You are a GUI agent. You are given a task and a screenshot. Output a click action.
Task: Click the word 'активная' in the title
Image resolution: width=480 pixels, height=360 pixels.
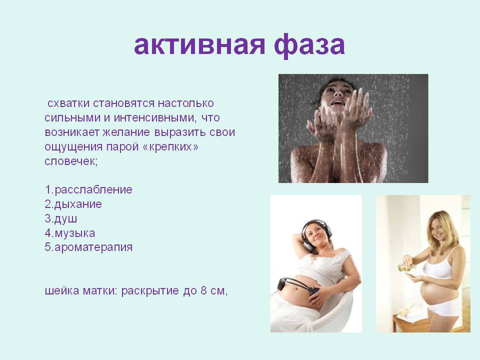click(x=199, y=45)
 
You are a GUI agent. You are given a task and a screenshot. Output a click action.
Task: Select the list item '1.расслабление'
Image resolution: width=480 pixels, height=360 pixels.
click(x=88, y=190)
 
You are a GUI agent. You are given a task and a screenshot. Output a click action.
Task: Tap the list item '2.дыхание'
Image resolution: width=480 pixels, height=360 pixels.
click(x=73, y=204)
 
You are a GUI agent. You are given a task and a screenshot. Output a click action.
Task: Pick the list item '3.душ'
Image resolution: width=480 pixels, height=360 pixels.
click(x=61, y=218)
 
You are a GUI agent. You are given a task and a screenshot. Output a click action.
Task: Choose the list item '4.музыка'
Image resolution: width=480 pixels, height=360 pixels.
click(x=70, y=233)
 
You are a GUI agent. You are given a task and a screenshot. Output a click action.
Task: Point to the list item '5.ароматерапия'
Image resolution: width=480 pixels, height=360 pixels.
click(x=88, y=247)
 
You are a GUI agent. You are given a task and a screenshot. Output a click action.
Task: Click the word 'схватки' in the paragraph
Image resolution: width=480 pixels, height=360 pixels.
click(x=68, y=103)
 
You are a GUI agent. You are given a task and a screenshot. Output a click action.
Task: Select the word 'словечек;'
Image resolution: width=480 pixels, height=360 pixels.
click(x=71, y=161)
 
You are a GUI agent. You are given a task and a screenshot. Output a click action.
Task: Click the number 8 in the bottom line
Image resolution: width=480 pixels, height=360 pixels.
click(x=204, y=290)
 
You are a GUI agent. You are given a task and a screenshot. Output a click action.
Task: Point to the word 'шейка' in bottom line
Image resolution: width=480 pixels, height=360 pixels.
click(x=62, y=290)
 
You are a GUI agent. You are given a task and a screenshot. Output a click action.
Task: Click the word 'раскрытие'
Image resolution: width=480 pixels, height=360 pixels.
click(x=150, y=290)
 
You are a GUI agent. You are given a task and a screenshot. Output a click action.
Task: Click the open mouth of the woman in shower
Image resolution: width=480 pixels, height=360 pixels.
click(x=337, y=102)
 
